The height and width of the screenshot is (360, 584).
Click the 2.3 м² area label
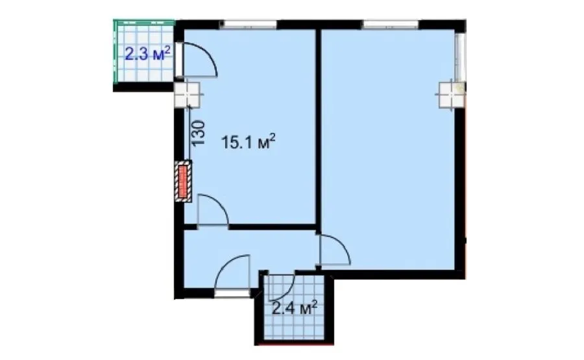coord(147,54)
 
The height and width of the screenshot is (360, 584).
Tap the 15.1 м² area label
coord(249,142)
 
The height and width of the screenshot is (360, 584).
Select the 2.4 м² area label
coord(295,308)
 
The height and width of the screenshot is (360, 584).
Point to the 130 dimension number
coord(198,132)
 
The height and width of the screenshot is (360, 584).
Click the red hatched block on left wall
coord(183,182)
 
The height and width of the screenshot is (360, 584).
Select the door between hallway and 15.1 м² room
coord(212,210)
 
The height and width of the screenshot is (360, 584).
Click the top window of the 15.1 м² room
coord(249,24)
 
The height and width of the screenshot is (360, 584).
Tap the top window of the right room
coord(391,24)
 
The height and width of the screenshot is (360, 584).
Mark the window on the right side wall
coord(460,56)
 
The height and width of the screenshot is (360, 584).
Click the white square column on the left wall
coord(188,94)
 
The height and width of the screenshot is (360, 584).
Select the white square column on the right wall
coord(452,95)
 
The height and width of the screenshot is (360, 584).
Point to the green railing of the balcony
coord(116,51)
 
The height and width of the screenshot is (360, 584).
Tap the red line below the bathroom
coord(294,344)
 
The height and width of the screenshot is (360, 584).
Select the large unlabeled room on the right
coord(387,149)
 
